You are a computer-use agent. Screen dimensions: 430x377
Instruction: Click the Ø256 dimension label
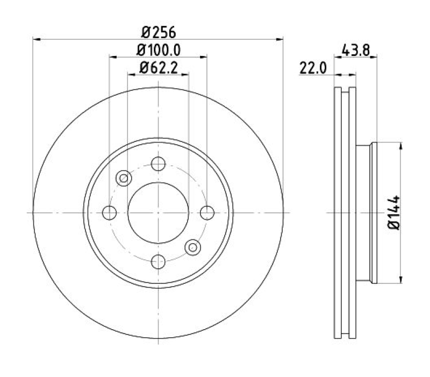click(x=159, y=32)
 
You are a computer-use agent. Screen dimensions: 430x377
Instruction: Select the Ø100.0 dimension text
click(x=159, y=50)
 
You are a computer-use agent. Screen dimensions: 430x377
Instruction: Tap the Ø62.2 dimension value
click(x=159, y=68)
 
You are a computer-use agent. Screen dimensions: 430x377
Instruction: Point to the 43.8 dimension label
click(x=356, y=51)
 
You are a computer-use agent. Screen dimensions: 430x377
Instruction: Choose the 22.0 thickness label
click(x=313, y=68)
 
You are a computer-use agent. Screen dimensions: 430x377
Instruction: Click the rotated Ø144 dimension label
click(x=394, y=212)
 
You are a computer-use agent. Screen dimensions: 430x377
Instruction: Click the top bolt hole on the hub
click(x=158, y=164)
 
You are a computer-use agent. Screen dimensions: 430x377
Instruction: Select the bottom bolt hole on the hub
click(x=158, y=261)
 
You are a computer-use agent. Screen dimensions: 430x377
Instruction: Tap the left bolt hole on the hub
click(x=110, y=212)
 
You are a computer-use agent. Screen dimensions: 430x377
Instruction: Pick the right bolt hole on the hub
click(x=207, y=212)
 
